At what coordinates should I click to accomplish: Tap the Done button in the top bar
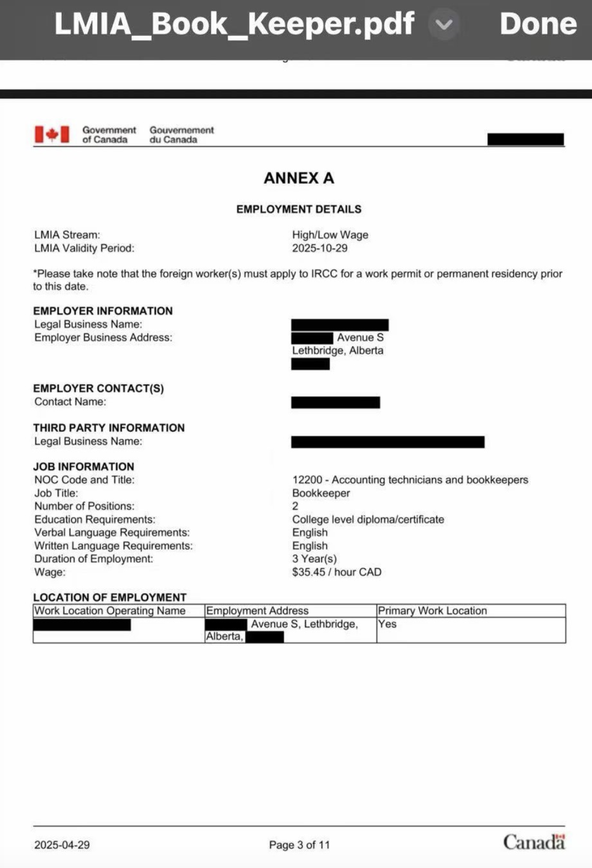[x=538, y=24]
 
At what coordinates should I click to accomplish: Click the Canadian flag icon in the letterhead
[x=52, y=134]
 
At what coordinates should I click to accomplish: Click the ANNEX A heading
[x=299, y=178]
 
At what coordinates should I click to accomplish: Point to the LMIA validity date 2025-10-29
[x=320, y=248]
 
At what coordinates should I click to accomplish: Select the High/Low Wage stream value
[x=330, y=235]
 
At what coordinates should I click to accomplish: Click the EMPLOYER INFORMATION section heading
[x=103, y=311]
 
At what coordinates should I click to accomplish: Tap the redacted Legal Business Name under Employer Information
[x=340, y=325]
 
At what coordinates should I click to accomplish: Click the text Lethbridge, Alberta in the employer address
[x=337, y=351]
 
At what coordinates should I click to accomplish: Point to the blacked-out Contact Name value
[x=335, y=402]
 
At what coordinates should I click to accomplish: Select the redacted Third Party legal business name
[x=387, y=442]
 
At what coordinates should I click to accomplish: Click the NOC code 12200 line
[x=410, y=480]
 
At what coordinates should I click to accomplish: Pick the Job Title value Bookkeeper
[x=321, y=493]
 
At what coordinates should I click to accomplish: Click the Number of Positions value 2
[x=295, y=506]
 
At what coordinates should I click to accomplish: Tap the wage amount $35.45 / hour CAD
[x=336, y=572]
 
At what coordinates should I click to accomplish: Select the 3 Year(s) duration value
[x=314, y=559]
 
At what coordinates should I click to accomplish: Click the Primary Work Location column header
[x=432, y=610]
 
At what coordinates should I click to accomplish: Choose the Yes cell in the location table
[x=387, y=624]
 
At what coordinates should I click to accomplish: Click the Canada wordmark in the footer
[x=533, y=842]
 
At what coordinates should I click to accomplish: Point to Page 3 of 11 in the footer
[x=299, y=844]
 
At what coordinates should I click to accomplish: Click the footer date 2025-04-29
[x=62, y=844]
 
